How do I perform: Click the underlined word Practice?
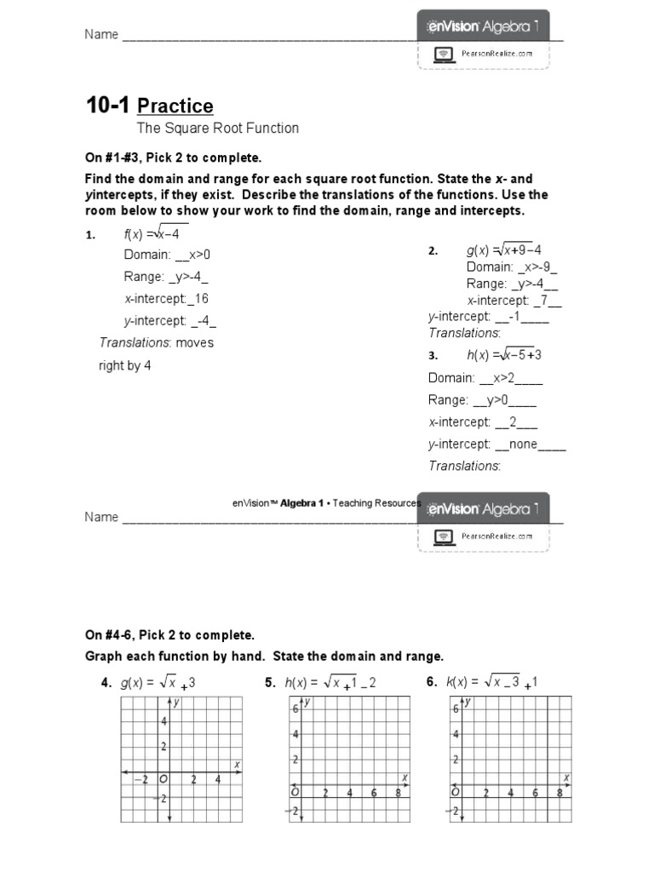coord(175,106)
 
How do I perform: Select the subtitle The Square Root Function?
coord(218,129)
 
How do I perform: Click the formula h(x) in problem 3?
coord(504,355)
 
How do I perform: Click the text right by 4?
coord(125,365)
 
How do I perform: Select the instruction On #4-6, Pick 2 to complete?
coord(169,635)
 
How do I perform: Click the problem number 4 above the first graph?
coord(106,682)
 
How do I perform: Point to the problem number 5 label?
coord(270,682)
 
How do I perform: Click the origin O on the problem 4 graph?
coord(163,779)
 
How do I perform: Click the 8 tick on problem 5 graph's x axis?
coord(399,793)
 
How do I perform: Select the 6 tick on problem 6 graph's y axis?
coord(456,709)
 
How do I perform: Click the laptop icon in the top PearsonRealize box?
coord(443,54)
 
